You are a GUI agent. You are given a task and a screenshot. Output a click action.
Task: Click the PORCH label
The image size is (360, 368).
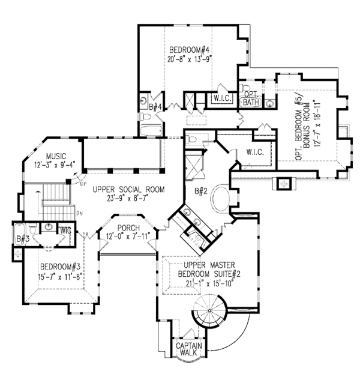(x=129, y=228)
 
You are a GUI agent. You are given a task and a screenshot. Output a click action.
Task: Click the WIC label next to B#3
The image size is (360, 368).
(x=63, y=229)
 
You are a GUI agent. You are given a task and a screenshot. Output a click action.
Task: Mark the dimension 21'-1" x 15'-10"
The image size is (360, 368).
(x=200, y=283)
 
